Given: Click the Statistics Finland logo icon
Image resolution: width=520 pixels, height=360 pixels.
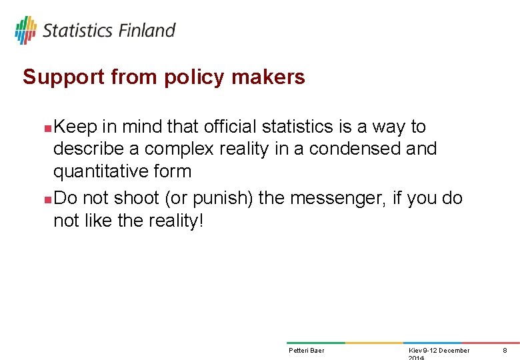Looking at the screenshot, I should pyautogui.click(x=25, y=30).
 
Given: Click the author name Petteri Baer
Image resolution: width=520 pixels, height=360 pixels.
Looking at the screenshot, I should pyautogui.click(x=306, y=351).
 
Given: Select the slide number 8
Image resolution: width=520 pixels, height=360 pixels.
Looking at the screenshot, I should pyautogui.click(x=505, y=351).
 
